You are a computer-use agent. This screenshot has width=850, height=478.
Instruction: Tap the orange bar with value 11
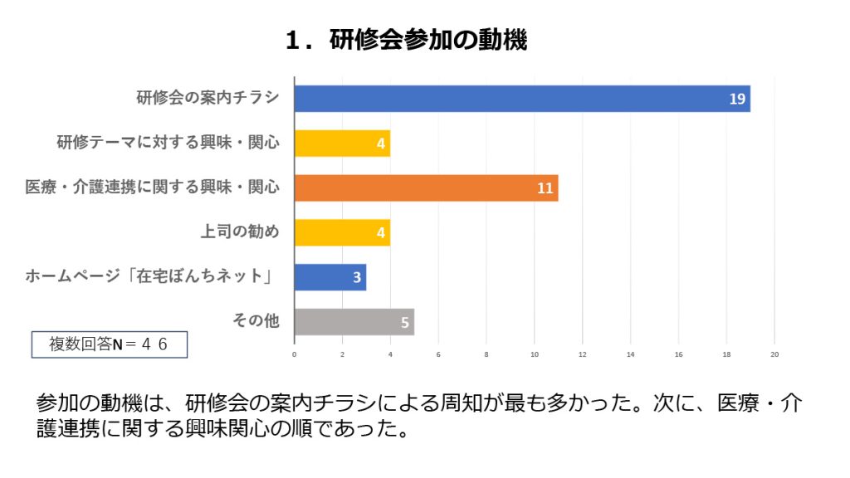click(x=426, y=188)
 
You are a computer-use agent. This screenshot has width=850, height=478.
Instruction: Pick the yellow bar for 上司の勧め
click(x=342, y=232)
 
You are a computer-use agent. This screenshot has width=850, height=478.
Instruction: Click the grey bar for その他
click(x=354, y=322)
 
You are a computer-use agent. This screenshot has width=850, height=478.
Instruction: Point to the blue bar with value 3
click(x=330, y=277)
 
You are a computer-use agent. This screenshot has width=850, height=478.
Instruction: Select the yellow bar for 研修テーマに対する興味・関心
click(x=342, y=144)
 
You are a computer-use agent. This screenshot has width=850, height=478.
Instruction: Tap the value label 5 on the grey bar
click(x=405, y=322)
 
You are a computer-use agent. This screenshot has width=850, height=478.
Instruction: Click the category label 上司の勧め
click(x=239, y=232)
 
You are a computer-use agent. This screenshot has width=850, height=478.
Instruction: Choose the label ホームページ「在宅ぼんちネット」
click(x=152, y=277)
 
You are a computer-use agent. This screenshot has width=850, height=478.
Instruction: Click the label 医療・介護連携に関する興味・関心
click(x=152, y=188)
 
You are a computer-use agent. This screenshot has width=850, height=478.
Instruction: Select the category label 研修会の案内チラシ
click(x=208, y=98)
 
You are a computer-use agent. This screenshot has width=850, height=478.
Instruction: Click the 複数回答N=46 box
click(x=109, y=344)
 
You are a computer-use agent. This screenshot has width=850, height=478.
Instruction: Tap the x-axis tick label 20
click(x=774, y=354)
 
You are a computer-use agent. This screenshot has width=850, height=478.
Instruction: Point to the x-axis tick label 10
click(x=535, y=354)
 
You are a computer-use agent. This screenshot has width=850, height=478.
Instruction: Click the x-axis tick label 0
click(x=295, y=354)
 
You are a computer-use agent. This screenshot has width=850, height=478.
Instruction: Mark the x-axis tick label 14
click(x=630, y=354)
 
